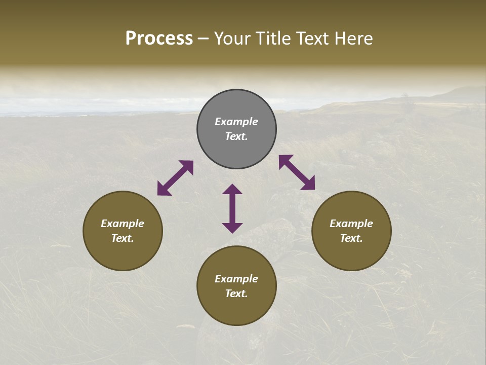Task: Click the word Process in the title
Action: coord(159,39)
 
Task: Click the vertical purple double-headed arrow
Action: coord(232,208)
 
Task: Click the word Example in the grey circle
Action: coord(236,122)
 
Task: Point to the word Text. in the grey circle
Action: coord(236,136)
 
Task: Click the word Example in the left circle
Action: coord(123,224)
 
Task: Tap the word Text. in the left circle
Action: coord(123,238)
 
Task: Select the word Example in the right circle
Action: coord(351,224)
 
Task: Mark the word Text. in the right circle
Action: coord(351,238)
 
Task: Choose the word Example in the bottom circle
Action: coord(236,279)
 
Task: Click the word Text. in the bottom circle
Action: coord(236,294)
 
